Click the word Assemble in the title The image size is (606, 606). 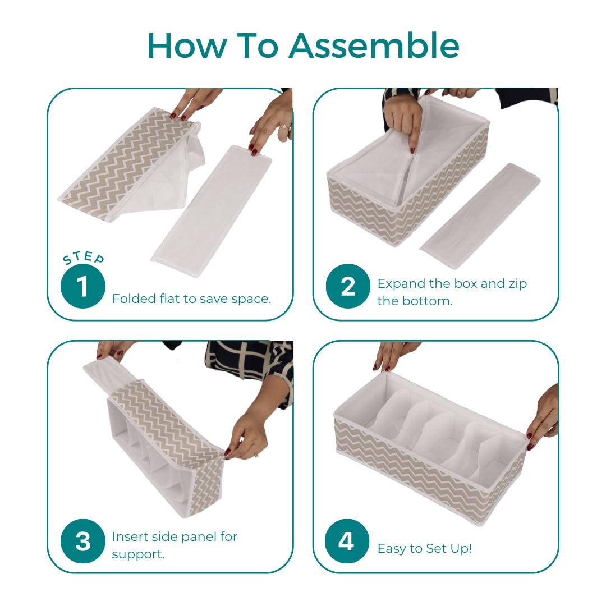coord(374,45)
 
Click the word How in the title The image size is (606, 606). coord(187,45)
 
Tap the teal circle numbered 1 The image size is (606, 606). coord(82,286)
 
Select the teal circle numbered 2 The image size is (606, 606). coord(348,286)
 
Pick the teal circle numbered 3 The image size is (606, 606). coord(82,541)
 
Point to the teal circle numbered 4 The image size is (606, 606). coord(347,541)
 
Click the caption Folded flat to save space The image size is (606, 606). coord(192,299)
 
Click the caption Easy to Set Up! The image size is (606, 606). coord(425,548)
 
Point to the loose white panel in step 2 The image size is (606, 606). coord(480,215)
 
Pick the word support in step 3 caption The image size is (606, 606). coord(139,554)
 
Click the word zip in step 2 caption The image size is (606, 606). coord(518,284)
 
